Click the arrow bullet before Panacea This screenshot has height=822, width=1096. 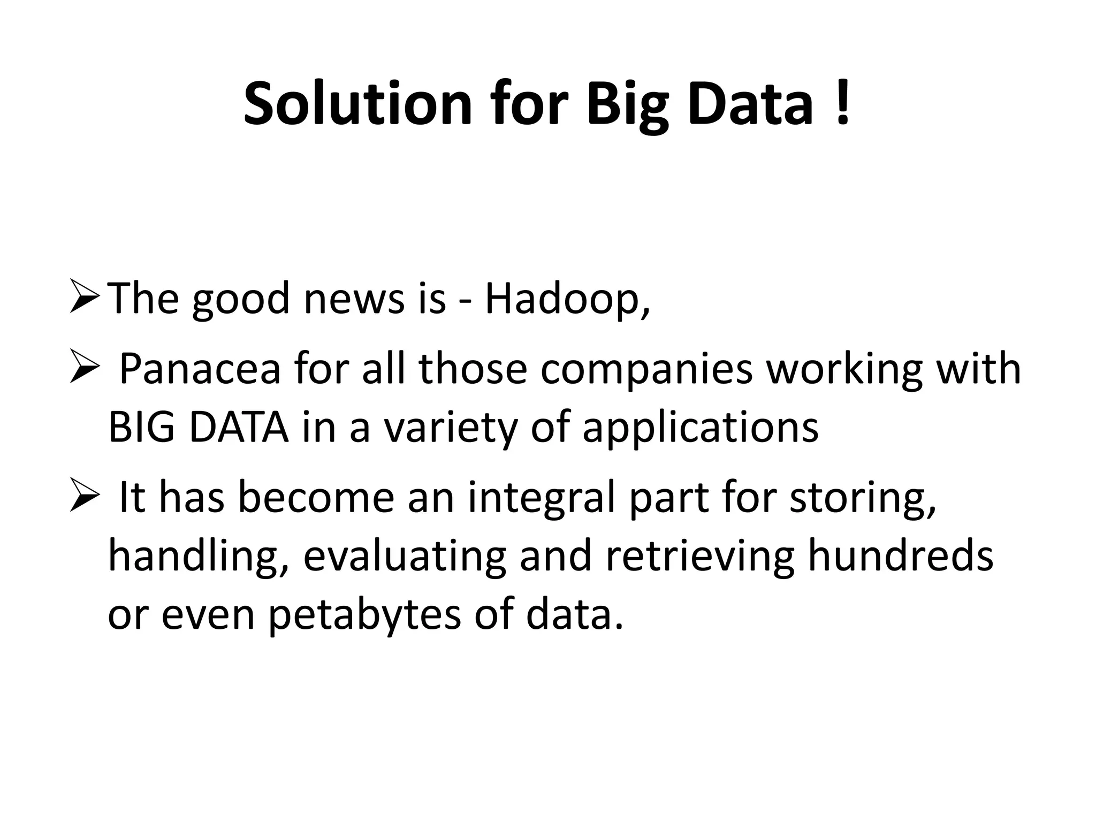(84, 369)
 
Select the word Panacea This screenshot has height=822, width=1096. (200, 369)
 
